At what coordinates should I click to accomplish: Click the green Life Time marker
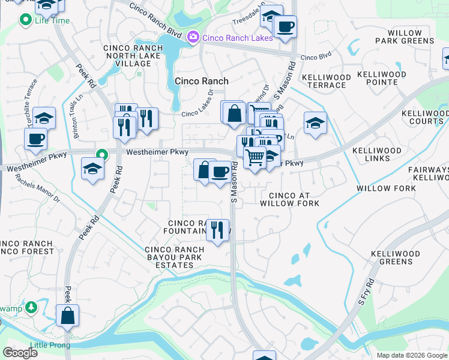[25, 20]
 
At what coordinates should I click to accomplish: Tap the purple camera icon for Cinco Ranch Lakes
[193, 38]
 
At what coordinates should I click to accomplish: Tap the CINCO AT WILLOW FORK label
[289, 199]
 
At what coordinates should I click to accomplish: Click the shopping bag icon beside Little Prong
[68, 316]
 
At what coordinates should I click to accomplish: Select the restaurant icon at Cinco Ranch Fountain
[217, 230]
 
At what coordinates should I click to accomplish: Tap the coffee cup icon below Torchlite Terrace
[35, 139]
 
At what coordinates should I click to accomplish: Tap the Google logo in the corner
[20, 353]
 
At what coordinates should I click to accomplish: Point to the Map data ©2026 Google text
[411, 355]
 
